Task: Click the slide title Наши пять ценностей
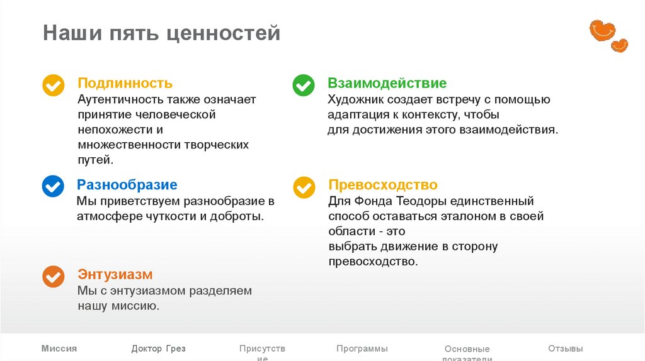(161, 33)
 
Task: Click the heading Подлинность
(125, 83)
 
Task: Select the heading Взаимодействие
(387, 83)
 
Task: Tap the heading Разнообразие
(127, 185)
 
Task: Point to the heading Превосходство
(382, 185)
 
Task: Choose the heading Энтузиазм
(115, 275)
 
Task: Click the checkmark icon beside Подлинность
(53, 85)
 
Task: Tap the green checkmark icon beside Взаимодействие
(304, 85)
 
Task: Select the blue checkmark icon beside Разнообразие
(53, 186)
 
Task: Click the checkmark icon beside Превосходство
(304, 187)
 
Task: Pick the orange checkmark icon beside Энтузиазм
(53, 276)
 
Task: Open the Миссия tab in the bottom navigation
(59, 348)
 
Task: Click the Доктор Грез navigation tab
(158, 348)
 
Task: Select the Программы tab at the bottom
(362, 348)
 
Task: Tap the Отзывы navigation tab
(565, 348)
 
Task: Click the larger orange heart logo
(601, 30)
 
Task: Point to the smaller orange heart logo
(619, 45)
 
